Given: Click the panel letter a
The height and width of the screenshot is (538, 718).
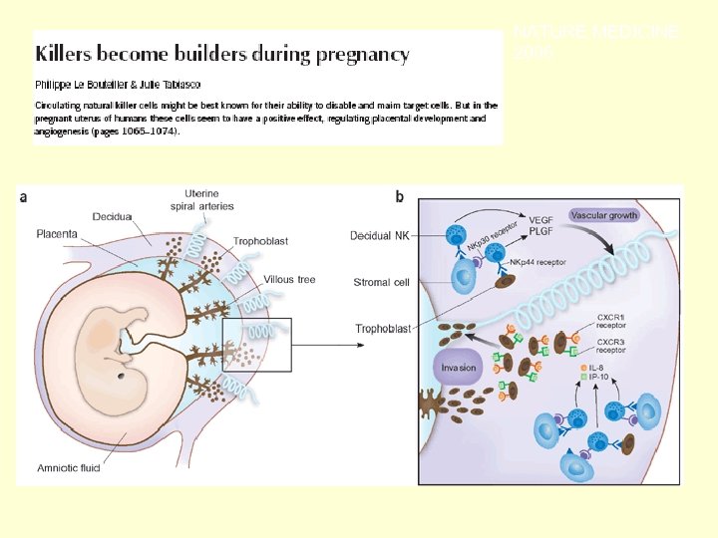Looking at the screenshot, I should (24, 197).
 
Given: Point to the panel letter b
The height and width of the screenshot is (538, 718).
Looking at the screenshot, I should (399, 197).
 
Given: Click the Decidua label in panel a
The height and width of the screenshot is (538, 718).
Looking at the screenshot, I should (113, 215).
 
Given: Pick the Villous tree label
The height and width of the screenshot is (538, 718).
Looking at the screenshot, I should (289, 280).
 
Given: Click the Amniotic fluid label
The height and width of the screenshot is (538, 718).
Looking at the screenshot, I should (69, 468).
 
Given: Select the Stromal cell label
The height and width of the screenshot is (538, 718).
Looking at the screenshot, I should (381, 282).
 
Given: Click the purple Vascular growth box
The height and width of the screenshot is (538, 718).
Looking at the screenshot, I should (604, 214).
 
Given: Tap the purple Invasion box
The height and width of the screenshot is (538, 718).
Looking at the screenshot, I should (459, 367).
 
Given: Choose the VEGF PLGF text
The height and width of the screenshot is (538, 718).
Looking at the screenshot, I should (539, 225).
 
